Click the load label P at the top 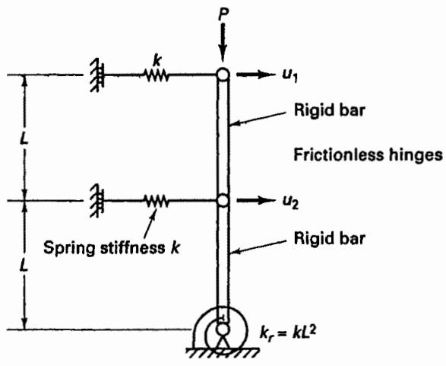point(224,14)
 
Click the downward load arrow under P point(223,42)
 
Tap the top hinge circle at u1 point(223,75)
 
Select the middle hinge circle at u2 point(223,200)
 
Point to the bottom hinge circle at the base point(223,329)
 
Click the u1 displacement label point(289,75)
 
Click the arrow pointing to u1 point(255,75)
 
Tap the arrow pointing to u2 point(255,200)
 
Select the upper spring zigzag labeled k point(157,75)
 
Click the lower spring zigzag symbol point(157,201)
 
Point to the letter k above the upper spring point(157,61)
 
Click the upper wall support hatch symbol point(96,75)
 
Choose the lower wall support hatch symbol point(96,201)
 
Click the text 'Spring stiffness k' point(112,247)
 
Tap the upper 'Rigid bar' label point(329,110)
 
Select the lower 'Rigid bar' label point(329,238)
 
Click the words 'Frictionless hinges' point(368,155)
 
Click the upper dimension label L point(24,139)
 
